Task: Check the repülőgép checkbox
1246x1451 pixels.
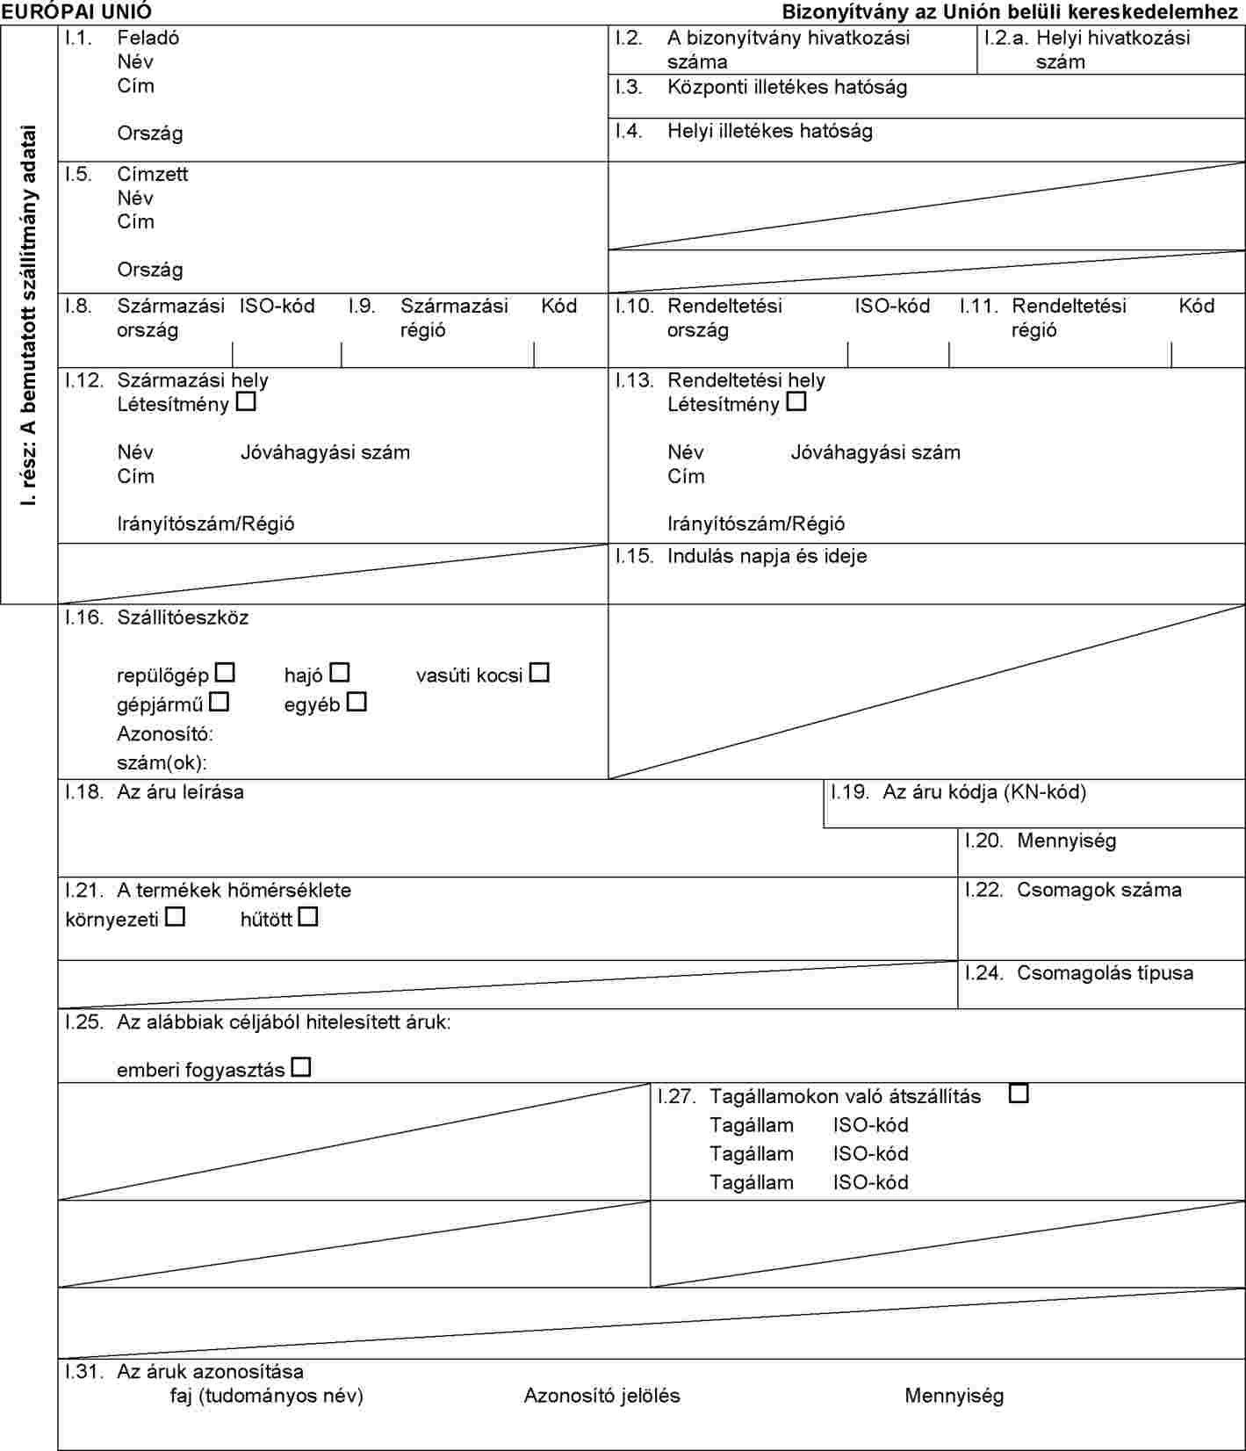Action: coord(226,674)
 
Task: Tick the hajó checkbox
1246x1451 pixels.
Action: coord(340,674)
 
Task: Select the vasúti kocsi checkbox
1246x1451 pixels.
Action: coord(539,674)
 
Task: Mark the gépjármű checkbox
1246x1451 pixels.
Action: coord(220,703)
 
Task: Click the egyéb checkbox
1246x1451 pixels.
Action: coord(357,703)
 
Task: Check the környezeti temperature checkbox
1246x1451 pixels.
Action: coord(176,918)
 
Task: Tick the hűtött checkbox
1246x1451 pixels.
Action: coord(308,918)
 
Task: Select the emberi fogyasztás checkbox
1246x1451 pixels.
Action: coord(301,1068)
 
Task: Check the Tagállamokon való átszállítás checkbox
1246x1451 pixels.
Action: coord(1019,1094)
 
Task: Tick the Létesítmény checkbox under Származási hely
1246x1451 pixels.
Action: coord(247,403)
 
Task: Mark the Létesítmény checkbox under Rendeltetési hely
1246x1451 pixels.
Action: coord(796,403)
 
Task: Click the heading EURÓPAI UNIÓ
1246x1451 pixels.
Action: coord(76,11)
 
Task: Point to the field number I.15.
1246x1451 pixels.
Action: coord(634,556)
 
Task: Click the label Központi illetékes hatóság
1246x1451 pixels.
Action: coord(787,87)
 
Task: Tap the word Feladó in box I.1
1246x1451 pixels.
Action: coord(148,38)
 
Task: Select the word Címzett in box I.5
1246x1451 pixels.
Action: coord(153,174)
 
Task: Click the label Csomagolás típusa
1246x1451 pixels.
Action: coord(1105,973)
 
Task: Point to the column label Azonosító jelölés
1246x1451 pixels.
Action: coord(601,1396)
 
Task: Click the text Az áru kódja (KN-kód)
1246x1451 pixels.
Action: coord(984,791)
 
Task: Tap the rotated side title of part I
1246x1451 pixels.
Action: coord(30,316)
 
